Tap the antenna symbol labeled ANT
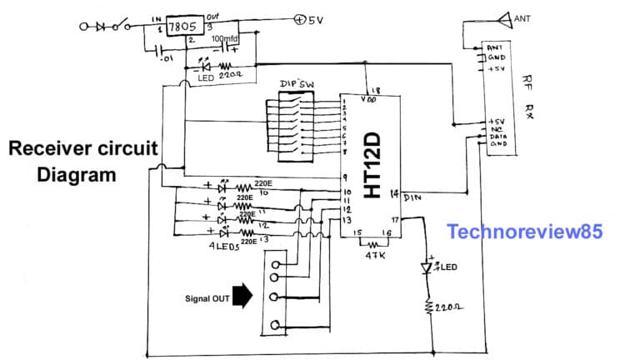(x=502, y=17)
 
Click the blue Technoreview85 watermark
(x=524, y=231)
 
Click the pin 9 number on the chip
(x=344, y=177)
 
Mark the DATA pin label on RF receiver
(x=497, y=136)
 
